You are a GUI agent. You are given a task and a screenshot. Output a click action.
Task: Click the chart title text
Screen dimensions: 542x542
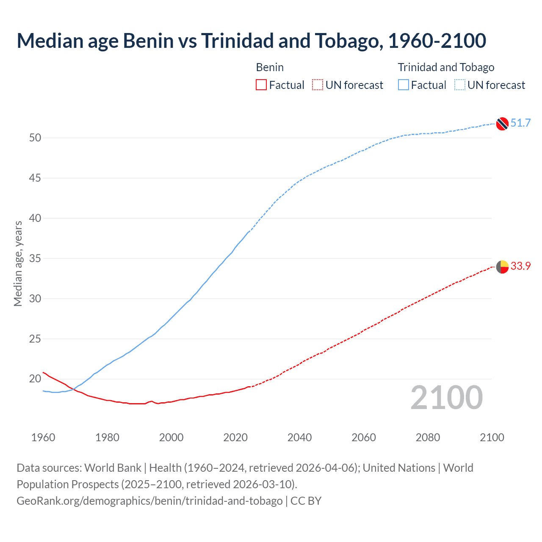coord(251,41)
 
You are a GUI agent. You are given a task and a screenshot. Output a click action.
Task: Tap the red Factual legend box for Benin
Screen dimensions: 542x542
coord(261,85)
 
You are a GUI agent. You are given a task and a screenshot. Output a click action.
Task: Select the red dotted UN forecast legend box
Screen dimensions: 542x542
coord(318,85)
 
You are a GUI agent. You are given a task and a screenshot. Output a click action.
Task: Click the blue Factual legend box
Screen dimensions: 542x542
coord(404,85)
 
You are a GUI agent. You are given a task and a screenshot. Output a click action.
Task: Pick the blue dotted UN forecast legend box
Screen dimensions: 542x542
coord(460,85)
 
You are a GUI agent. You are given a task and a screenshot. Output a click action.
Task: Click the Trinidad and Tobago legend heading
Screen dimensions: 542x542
coord(446,67)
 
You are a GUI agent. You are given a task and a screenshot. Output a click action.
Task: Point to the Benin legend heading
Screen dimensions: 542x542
coord(270,67)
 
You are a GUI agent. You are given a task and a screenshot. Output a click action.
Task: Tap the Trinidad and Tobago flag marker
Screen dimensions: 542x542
coord(502,124)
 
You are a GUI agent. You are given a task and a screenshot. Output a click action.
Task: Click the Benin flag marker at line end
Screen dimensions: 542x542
coord(502,267)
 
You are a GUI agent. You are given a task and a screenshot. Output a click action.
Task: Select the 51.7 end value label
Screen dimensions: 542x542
coord(520,123)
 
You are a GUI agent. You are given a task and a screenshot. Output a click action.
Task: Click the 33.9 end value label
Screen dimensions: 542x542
coord(520,266)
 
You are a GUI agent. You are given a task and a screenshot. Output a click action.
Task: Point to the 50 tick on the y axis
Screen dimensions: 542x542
coord(35,138)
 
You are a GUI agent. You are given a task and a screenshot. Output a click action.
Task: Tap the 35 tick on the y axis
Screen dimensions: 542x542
coord(35,259)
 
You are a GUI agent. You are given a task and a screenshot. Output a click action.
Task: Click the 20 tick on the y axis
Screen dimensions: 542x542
coord(35,379)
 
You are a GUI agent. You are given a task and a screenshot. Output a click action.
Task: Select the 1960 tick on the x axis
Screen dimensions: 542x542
coord(43,437)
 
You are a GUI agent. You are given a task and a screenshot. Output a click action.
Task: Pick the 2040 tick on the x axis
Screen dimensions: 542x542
coord(299,437)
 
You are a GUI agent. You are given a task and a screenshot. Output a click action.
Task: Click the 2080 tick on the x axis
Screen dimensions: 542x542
coord(428,437)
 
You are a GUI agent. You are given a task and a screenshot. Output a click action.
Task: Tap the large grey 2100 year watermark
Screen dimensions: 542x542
coord(446,398)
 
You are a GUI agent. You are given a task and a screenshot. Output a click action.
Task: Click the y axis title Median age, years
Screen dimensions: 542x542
coord(18,263)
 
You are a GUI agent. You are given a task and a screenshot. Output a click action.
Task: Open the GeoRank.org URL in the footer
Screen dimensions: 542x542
coord(149,501)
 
